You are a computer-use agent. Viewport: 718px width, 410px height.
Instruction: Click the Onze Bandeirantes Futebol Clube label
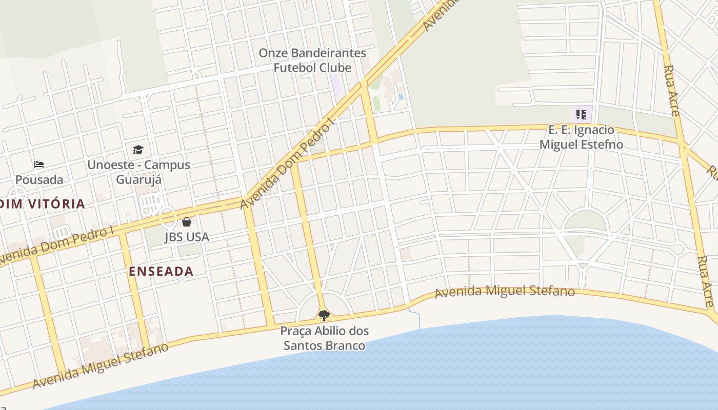point(312,60)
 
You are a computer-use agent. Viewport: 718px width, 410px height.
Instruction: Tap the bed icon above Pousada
point(39,165)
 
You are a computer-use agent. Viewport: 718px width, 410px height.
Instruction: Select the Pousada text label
point(39,180)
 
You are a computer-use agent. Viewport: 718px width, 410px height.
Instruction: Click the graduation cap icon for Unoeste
point(138,150)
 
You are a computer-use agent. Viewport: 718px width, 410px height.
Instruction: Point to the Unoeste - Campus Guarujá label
point(138,172)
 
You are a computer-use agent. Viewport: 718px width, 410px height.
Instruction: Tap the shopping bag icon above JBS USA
point(187,222)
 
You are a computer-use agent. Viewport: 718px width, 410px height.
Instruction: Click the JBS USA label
point(187,237)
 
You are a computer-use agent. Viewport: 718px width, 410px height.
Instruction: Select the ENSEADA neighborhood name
point(161,272)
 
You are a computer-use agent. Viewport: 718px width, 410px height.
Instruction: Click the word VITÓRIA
point(57,204)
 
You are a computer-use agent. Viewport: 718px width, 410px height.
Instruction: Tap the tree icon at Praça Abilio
point(324,315)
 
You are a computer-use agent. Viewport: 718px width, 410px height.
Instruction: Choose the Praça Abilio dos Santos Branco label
point(324,338)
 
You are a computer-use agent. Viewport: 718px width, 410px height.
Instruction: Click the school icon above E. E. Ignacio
point(581,115)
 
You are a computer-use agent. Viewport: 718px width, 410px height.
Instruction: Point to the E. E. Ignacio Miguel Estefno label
point(581,137)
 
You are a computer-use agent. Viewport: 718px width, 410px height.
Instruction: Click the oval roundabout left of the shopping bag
point(167,218)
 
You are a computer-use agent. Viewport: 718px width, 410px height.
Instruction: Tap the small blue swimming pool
point(401,96)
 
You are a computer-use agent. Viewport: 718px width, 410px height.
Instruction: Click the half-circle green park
point(585,221)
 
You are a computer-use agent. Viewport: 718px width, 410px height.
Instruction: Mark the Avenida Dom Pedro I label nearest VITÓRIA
point(56,245)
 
